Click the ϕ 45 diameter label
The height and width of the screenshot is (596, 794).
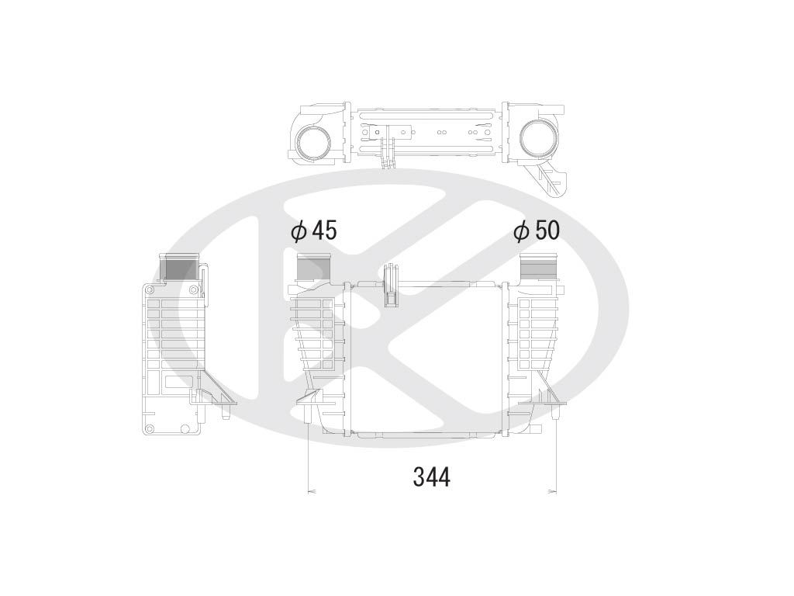tap(313, 230)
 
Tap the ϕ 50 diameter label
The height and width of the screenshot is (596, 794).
tap(536, 230)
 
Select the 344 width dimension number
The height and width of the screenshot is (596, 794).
tap(431, 476)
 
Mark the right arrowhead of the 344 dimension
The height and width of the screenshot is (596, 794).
tap(554, 490)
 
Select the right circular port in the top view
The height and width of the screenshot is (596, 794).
tap(537, 139)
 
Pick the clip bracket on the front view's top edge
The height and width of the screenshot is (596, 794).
tap(390, 286)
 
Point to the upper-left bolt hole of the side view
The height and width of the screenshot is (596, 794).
tap(146, 289)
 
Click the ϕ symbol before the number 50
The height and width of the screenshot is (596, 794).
tap(520, 230)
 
